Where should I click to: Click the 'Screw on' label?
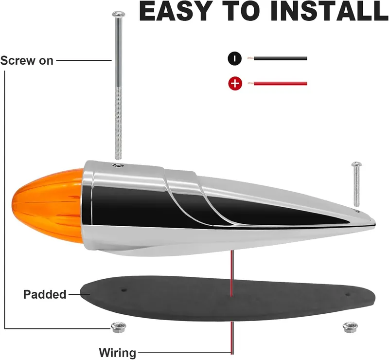[x=27, y=61]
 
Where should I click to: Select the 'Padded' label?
[x=45, y=294]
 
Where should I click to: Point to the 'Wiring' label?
[x=118, y=353]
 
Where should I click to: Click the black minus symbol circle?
[x=235, y=59]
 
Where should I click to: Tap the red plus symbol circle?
[x=235, y=83]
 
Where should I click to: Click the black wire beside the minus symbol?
[x=277, y=58]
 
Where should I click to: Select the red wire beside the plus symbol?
[x=277, y=83]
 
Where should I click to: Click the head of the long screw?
[x=119, y=14]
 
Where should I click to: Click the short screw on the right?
[x=356, y=184]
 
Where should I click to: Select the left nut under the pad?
[x=118, y=327]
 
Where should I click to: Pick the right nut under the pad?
[x=350, y=327]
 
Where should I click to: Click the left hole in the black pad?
[x=124, y=290]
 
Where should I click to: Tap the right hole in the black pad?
[x=348, y=295]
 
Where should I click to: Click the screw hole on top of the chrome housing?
[x=118, y=165]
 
